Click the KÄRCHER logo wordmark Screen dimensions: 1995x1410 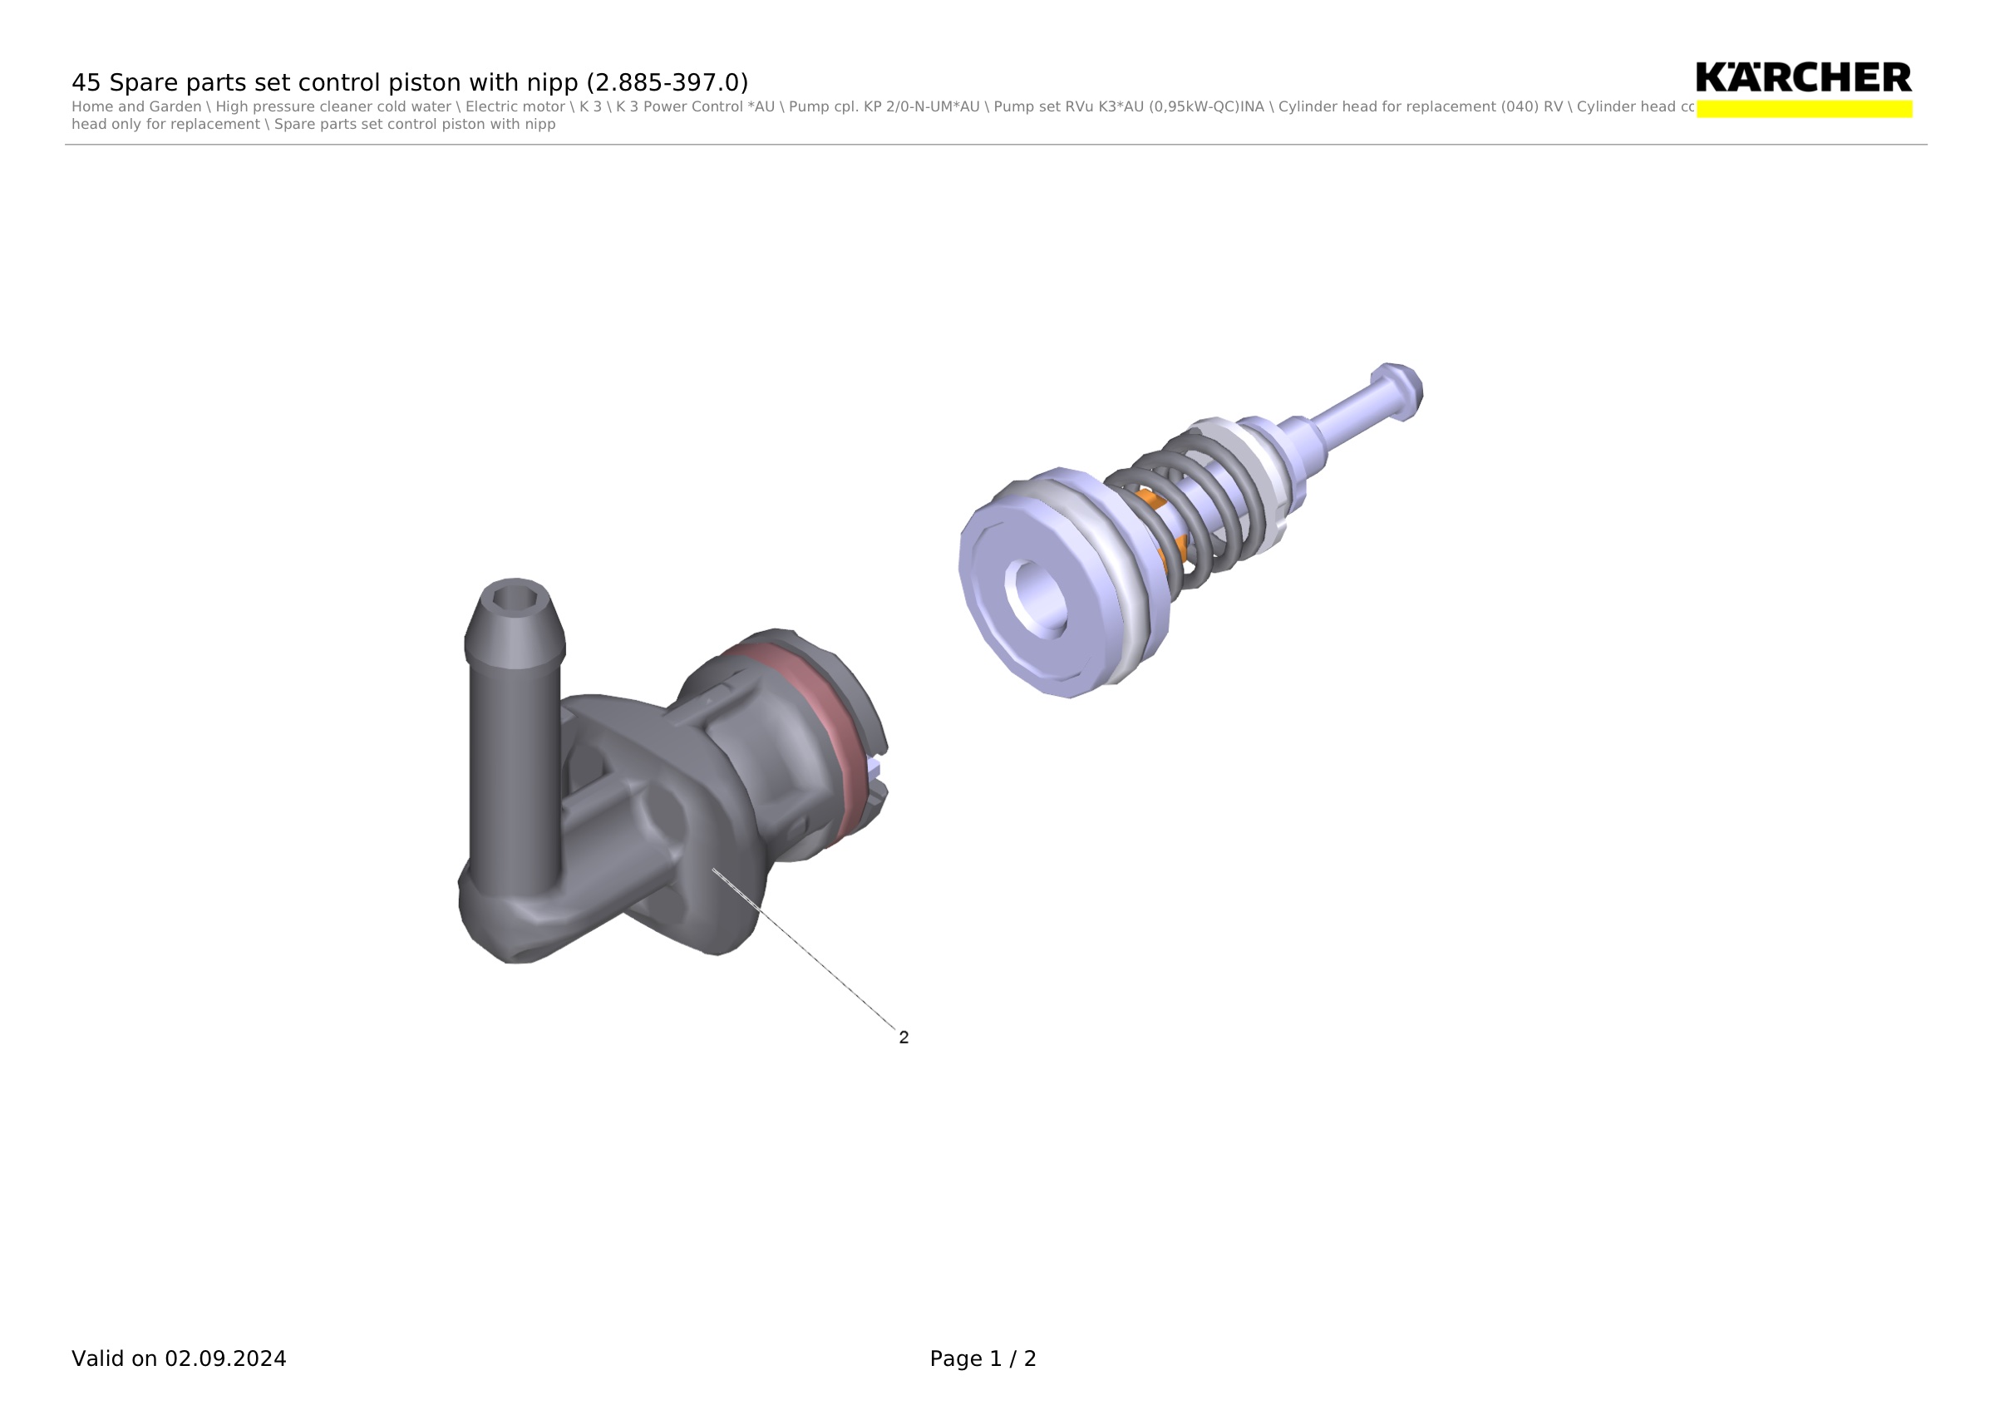point(1803,76)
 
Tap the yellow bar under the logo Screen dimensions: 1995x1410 point(1804,109)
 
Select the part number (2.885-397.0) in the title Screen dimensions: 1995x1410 point(667,82)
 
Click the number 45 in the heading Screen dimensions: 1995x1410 point(86,82)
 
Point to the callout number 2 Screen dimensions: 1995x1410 point(904,1038)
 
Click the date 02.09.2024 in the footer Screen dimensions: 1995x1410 point(225,1358)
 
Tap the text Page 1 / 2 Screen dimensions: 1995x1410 point(983,1358)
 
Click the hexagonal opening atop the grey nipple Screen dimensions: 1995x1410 point(515,598)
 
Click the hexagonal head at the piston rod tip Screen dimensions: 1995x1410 point(1398,392)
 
